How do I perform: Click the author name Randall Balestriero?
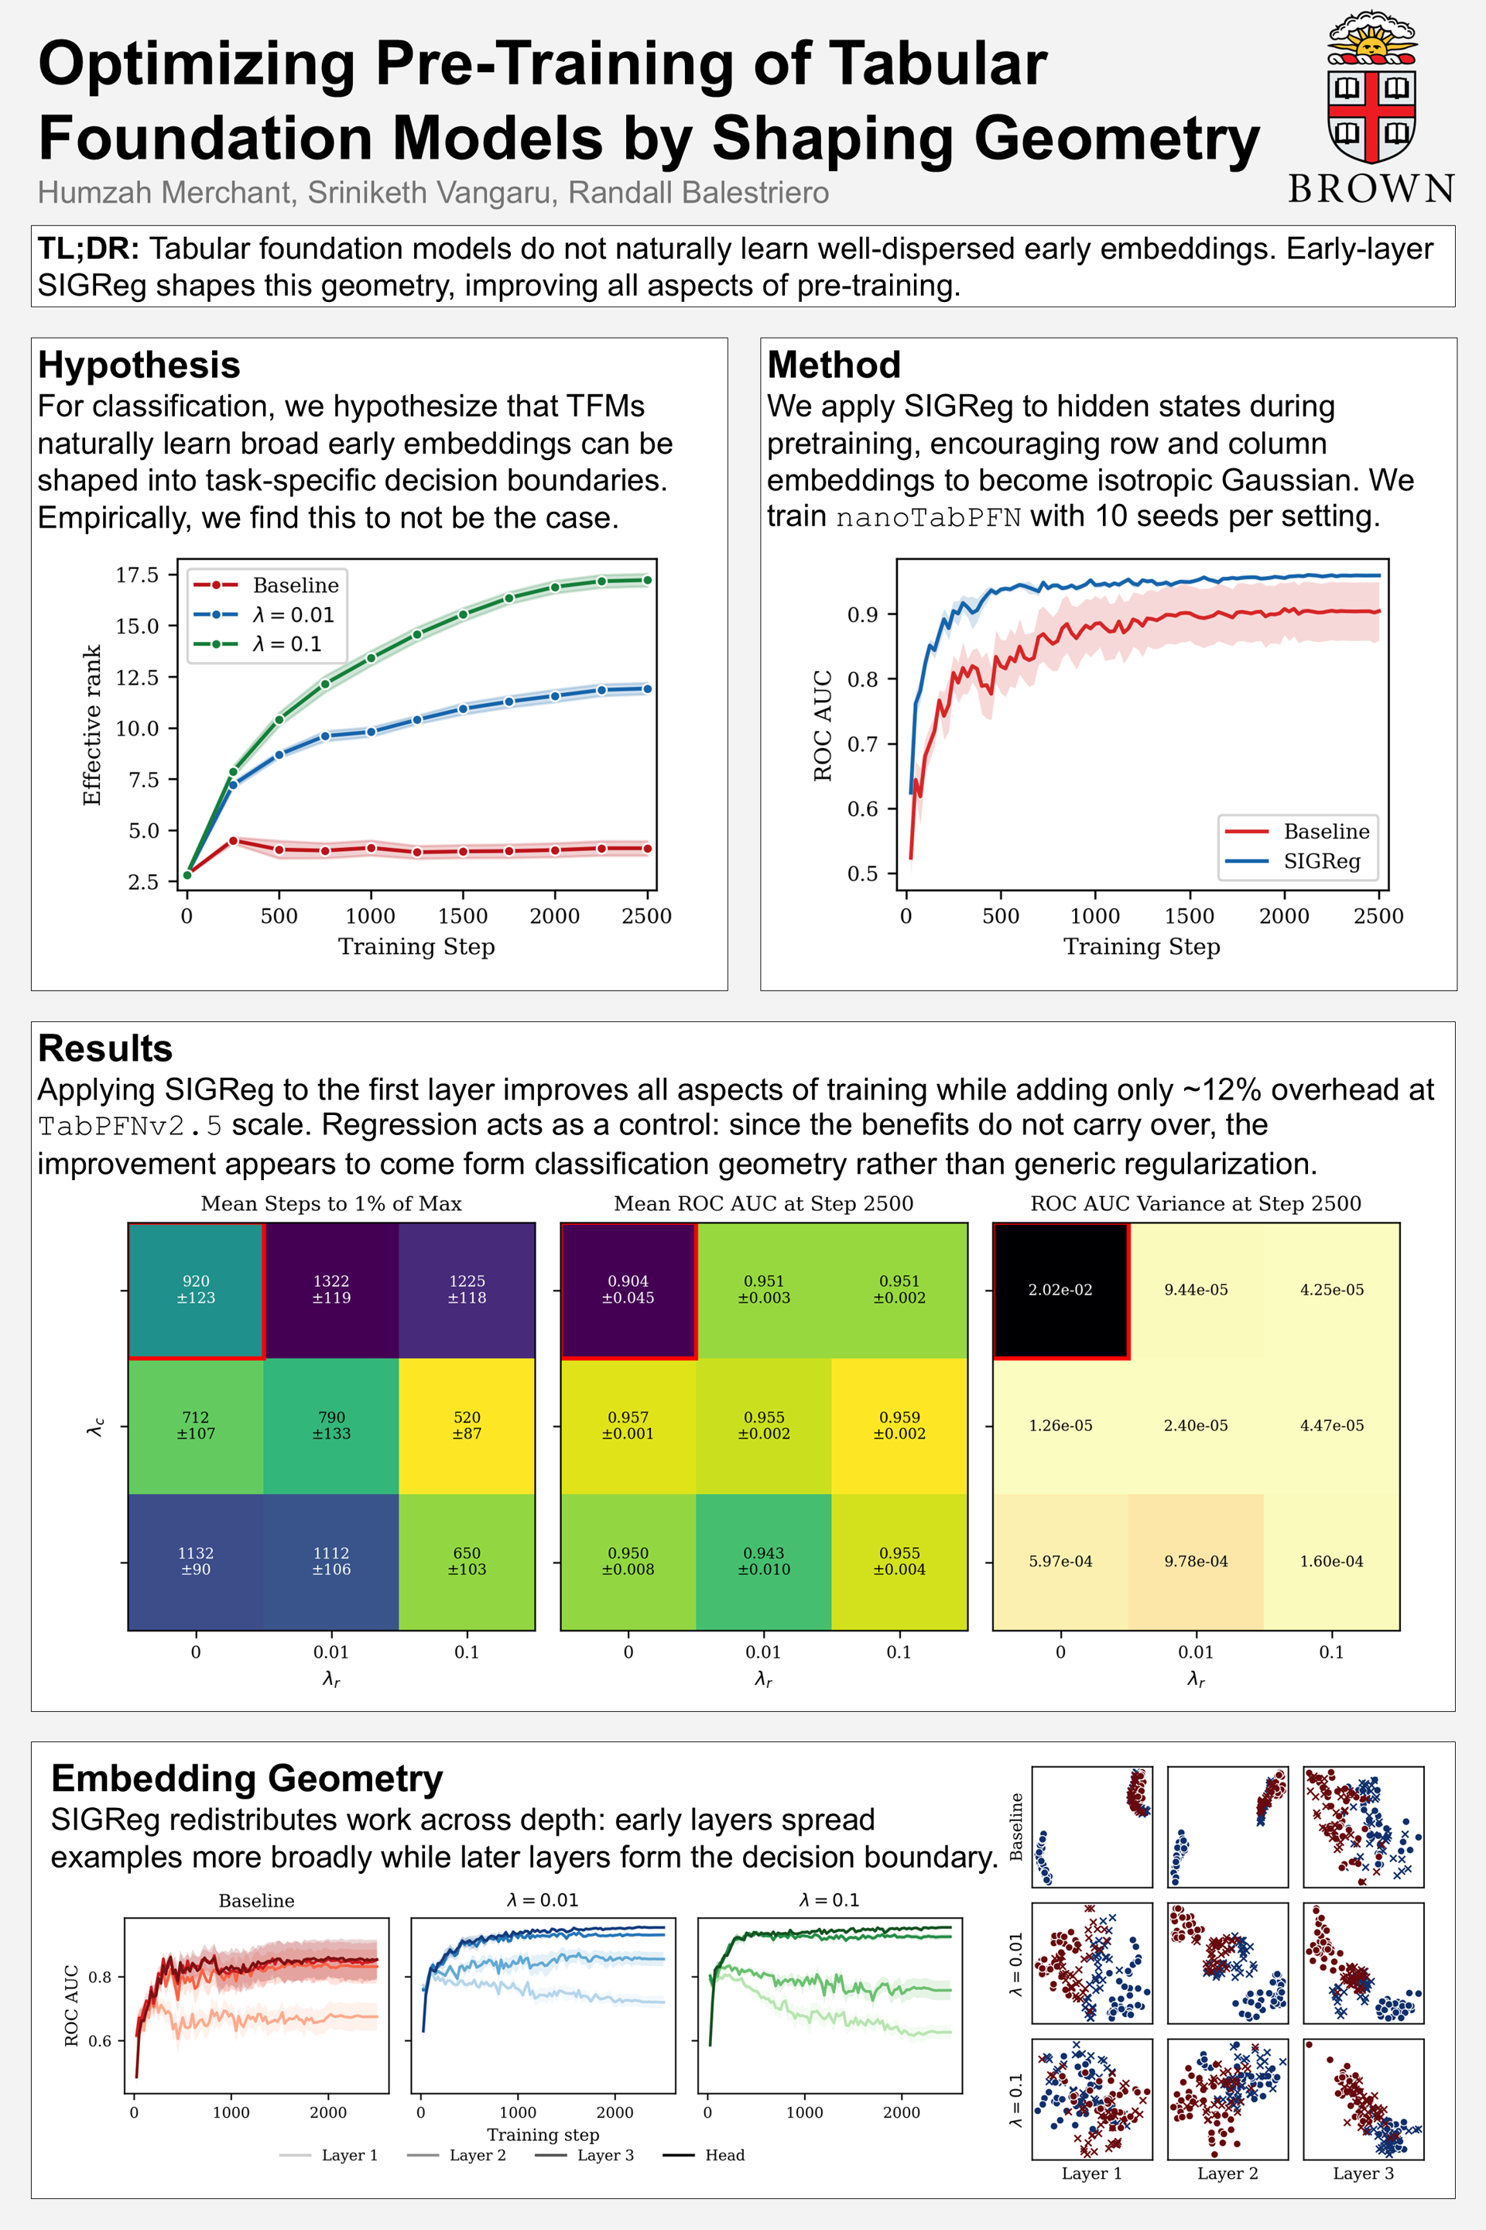698,193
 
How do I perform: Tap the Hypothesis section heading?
139,365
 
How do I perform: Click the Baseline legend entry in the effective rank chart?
266,585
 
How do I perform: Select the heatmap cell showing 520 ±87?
467,1425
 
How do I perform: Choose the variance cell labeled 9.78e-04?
1196,1562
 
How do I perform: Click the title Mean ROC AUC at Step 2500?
764,1203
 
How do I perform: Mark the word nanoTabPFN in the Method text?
928,518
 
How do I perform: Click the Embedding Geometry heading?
248,1779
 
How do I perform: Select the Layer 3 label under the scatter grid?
1363,2173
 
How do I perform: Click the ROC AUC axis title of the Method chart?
823,726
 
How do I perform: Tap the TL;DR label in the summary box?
88,249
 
